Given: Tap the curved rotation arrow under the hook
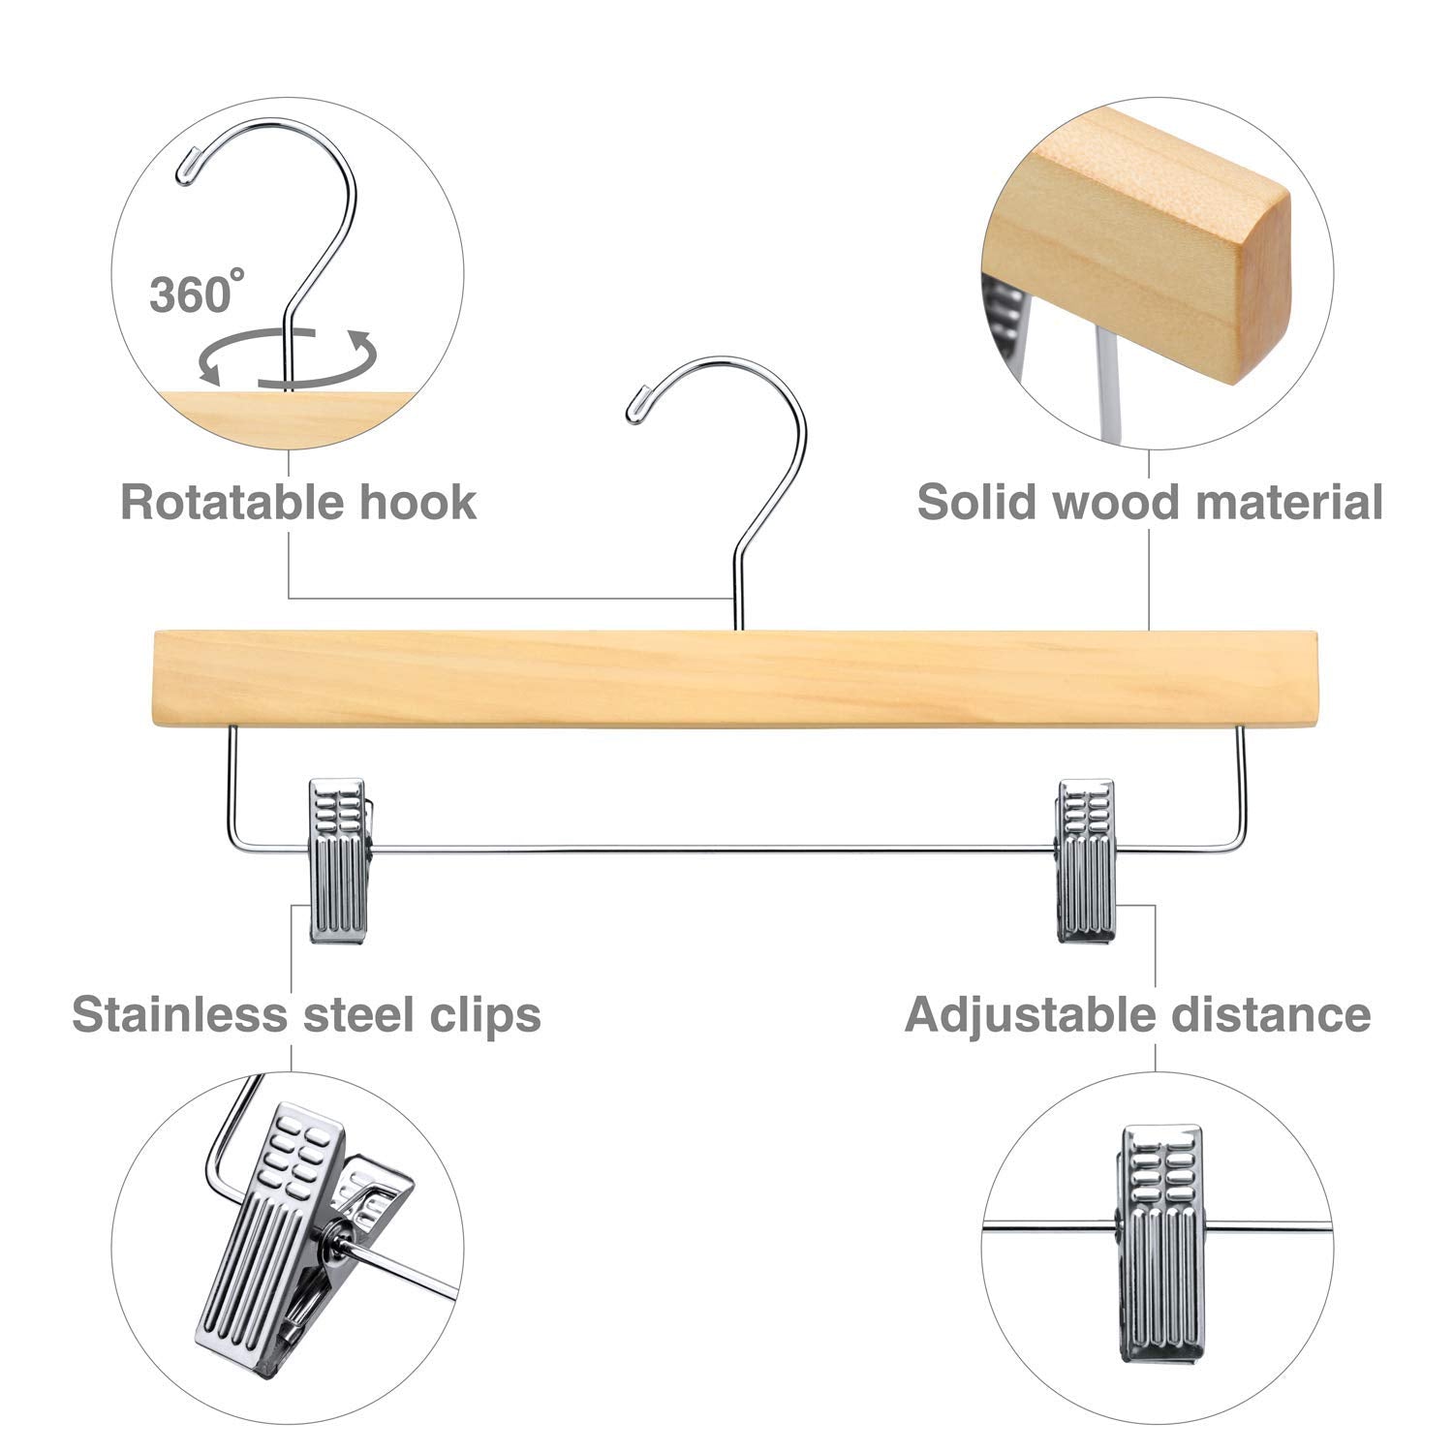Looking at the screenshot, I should [287, 359].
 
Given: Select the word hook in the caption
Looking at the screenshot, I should [418, 503].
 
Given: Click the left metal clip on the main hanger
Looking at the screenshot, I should [336, 859].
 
